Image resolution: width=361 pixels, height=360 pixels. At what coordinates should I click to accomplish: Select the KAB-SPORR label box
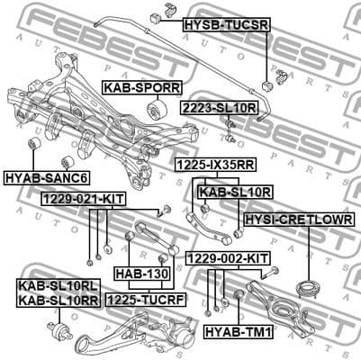pyautogui.click(x=142, y=88)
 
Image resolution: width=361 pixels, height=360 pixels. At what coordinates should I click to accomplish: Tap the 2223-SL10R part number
pyautogui.click(x=221, y=107)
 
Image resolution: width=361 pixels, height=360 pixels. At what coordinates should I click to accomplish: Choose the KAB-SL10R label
pyautogui.click(x=236, y=192)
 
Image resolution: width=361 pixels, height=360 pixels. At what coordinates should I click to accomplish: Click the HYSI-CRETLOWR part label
pyautogui.click(x=298, y=220)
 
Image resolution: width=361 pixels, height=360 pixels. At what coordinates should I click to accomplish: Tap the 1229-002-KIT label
pyautogui.click(x=228, y=258)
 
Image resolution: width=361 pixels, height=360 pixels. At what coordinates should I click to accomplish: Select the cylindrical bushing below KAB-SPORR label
pyautogui.click(x=155, y=111)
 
